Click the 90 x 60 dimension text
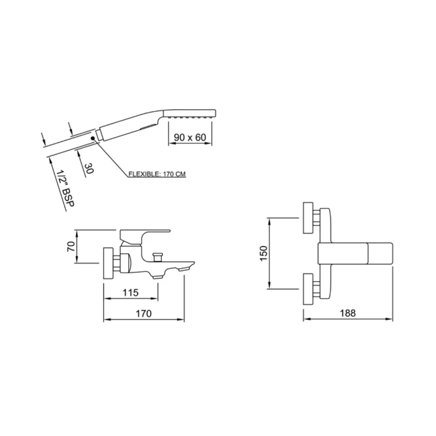tap(190, 137)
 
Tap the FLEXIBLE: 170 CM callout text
tap(157, 174)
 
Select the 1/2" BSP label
tap(65, 188)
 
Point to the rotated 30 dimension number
tap(89, 168)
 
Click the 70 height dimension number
tap(71, 247)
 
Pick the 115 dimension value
tap(130, 293)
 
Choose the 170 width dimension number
tap(143, 314)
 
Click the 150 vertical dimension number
tap(263, 253)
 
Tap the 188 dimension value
tap(348, 313)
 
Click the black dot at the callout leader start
tap(93, 138)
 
